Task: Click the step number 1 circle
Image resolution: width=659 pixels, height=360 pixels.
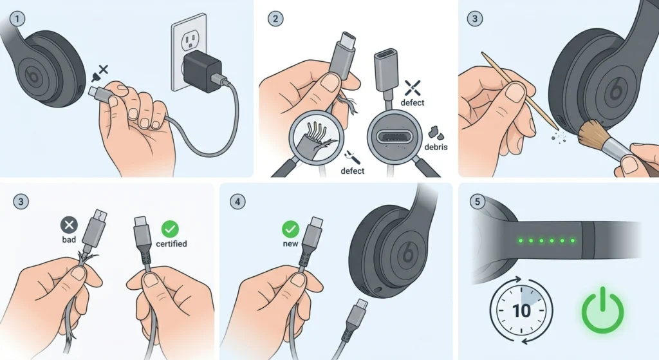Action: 17,17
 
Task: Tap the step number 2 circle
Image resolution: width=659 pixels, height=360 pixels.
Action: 275,17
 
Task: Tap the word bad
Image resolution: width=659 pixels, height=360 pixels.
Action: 69,239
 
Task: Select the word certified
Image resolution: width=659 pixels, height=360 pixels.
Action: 171,244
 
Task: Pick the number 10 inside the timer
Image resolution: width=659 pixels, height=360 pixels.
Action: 521,310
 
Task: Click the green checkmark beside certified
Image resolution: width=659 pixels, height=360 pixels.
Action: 171,227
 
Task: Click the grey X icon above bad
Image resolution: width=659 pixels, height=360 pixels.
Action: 69,224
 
